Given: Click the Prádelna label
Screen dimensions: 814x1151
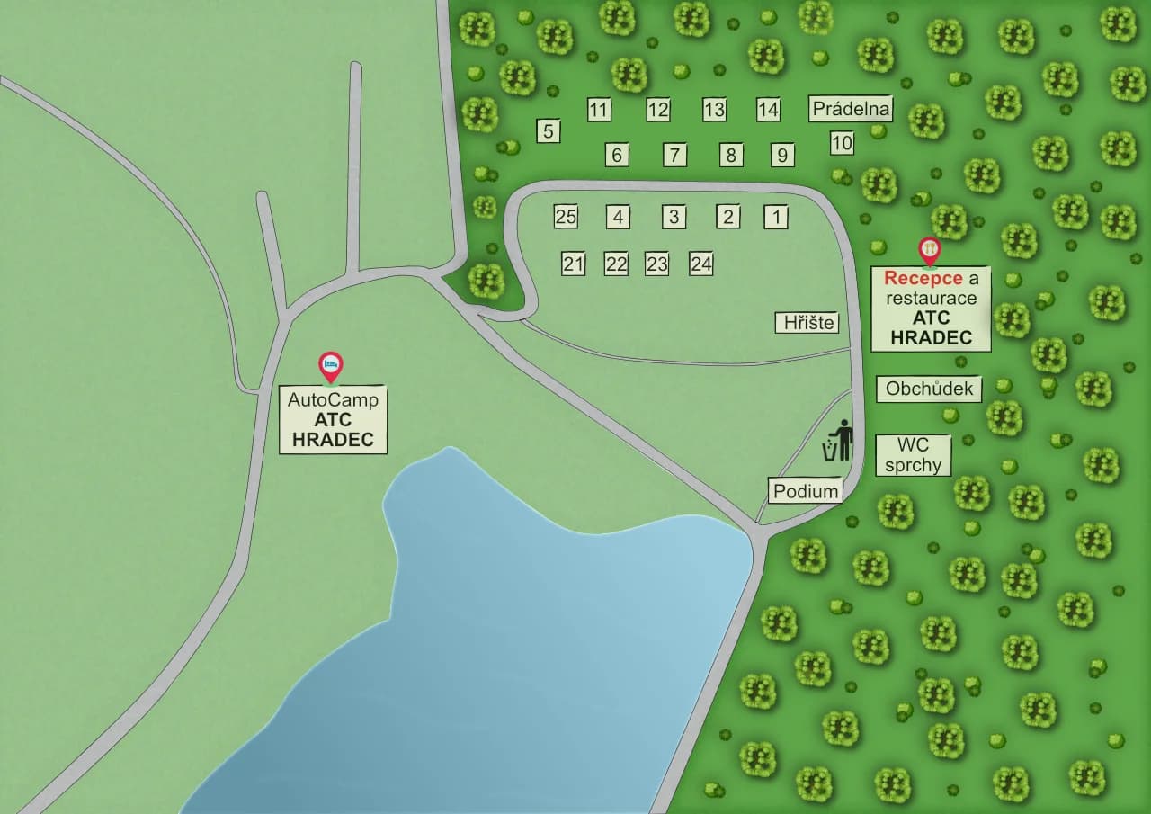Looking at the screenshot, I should click(851, 110).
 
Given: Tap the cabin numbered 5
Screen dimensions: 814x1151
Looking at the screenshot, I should click(548, 131).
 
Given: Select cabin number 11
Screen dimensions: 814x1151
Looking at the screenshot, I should click(599, 111).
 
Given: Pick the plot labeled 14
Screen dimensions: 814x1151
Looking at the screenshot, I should click(768, 110).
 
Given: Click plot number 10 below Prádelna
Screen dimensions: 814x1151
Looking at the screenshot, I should click(842, 143).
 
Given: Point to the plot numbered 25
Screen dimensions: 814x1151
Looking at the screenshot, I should click(566, 217).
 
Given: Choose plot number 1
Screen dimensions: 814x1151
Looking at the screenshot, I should click(776, 217).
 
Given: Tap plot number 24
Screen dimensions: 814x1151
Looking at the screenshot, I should click(701, 264).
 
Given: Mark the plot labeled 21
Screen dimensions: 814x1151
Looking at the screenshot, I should click(574, 264).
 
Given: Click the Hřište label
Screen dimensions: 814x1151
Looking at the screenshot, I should click(807, 323).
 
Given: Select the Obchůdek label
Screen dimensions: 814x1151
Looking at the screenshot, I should click(930, 389).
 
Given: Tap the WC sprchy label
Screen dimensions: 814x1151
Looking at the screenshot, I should click(913, 455).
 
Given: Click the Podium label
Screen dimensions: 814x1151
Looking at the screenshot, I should click(807, 491).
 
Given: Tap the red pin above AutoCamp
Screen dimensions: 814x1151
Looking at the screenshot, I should click(331, 365).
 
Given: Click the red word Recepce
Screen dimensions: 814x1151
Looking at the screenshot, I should click(923, 278).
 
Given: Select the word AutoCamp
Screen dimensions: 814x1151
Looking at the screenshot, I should click(333, 399).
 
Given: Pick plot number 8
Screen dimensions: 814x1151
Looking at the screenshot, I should click(731, 155).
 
